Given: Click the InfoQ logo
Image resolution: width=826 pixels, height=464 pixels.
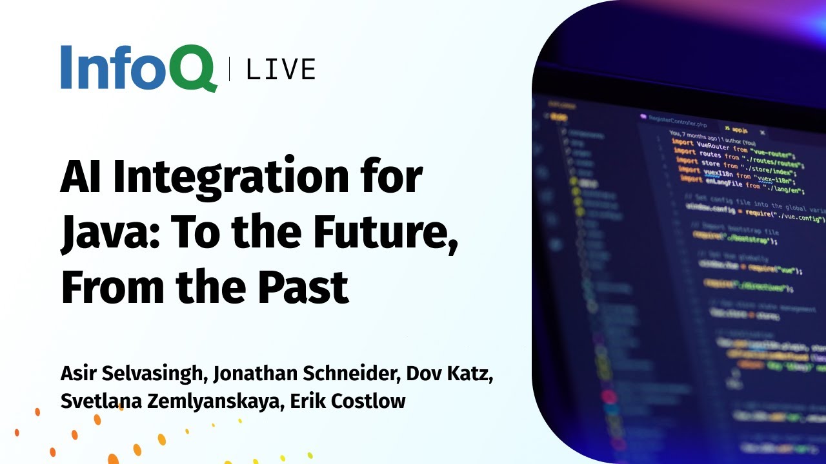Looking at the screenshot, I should click(x=138, y=68).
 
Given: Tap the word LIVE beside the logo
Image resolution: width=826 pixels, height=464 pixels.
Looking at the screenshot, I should click(x=281, y=69).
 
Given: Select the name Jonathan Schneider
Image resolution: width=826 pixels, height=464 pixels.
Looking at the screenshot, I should click(x=299, y=374).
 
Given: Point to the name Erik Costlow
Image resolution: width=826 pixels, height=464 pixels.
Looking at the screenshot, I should click(x=348, y=401).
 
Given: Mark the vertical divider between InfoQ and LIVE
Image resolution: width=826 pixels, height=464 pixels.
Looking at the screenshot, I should click(x=229, y=69).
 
